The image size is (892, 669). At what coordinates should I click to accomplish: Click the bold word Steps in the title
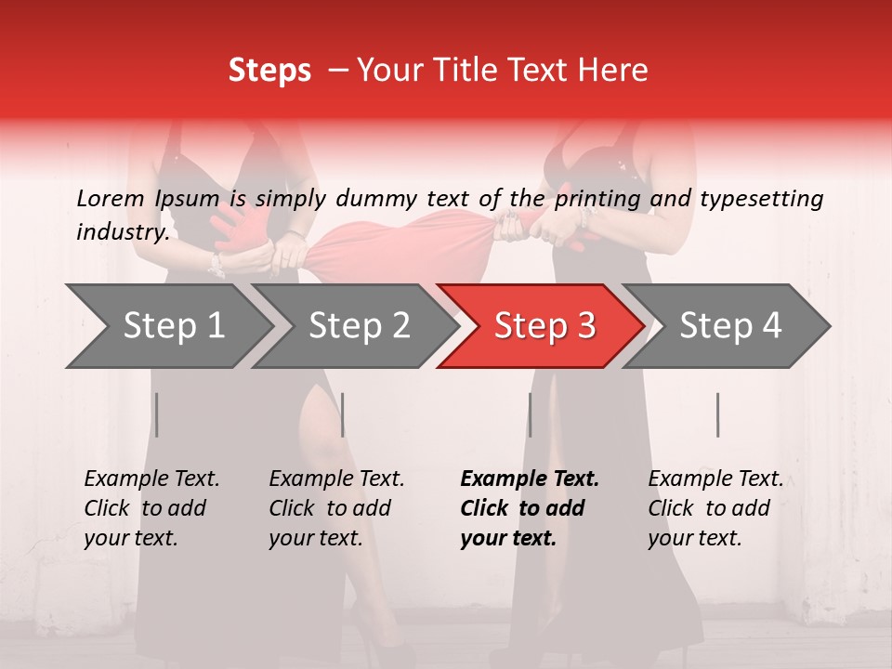[x=269, y=71]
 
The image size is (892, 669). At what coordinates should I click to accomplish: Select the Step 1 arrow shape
[x=167, y=325]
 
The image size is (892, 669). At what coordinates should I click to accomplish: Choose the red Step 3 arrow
[x=541, y=325]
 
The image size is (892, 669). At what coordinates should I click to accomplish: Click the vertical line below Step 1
[x=157, y=414]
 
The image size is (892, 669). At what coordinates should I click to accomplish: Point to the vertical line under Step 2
[x=343, y=414]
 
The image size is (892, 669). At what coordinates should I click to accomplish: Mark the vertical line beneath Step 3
[x=530, y=414]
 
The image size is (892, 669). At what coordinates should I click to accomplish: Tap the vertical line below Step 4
[x=717, y=414]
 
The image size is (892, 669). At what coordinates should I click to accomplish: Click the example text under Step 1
[x=151, y=508]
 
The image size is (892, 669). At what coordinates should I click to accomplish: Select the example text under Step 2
[x=336, y=508]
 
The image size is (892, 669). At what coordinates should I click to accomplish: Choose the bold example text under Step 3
[x=530, y=508]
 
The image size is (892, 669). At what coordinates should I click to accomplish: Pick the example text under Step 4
[x=715, y=508]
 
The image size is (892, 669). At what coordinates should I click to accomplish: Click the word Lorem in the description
[x=110, y=198]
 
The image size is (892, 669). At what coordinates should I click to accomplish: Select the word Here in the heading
[x=614, y=71]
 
